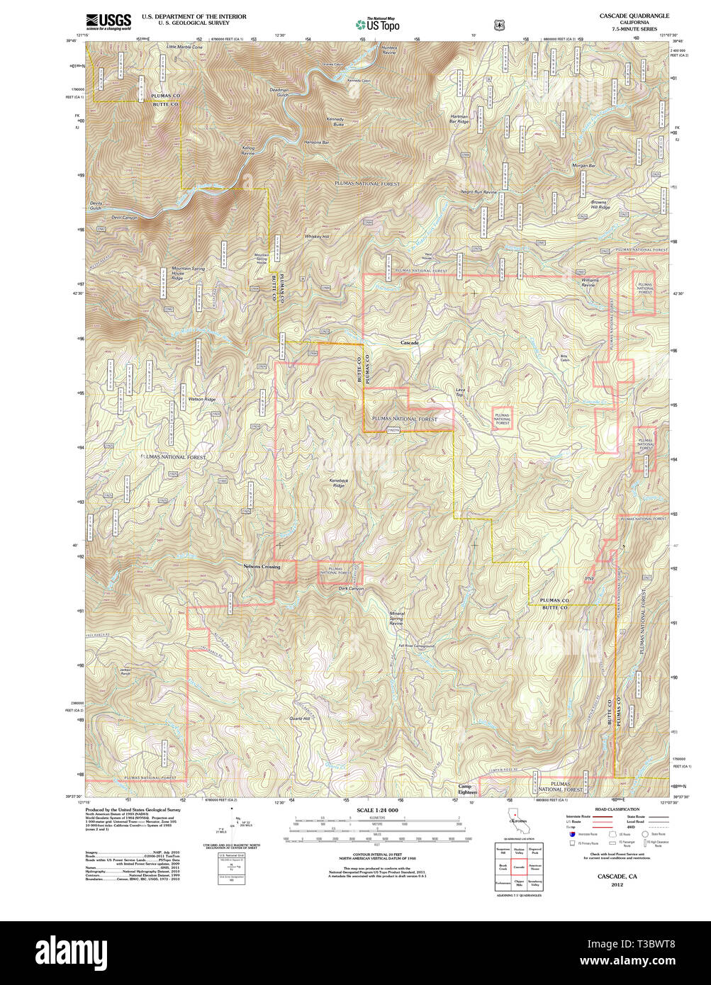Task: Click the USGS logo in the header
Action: (x=108, y=21)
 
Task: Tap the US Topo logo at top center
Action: (x=377, y=24)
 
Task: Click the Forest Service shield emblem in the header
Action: (x=500, y=25)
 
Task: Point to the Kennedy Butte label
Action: (x=335, y=121)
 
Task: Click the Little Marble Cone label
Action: (x=184, y=47)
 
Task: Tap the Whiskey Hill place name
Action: (x=317, y=236)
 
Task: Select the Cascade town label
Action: (x=410, y=343)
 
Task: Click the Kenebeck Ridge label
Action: (x=339, y=483)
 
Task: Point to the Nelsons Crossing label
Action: (x=262, y=567)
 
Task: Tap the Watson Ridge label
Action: (x=202, y=400)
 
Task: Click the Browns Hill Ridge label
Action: (x=600, y=205)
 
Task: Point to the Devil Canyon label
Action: (x=124, y=218)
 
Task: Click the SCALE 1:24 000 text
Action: (x=377, y=810)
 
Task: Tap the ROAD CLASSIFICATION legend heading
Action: (x=617, y=809)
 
